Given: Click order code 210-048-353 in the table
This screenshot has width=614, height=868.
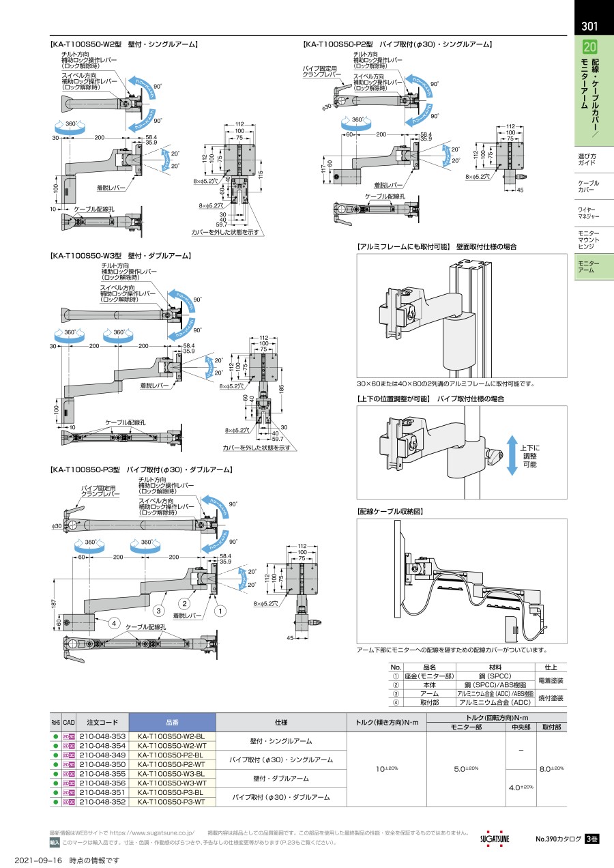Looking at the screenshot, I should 102,736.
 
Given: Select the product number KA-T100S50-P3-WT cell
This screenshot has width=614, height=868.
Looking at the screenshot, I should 171,802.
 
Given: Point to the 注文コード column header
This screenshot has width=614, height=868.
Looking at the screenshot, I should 102,723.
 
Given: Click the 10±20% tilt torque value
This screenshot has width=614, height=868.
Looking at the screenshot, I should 387,769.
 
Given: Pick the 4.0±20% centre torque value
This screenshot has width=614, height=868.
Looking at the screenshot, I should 522,787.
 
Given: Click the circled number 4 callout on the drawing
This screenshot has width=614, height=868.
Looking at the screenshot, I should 115,622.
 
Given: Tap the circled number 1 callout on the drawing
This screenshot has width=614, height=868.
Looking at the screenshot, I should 220,611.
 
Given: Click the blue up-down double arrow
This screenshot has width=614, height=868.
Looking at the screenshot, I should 511,454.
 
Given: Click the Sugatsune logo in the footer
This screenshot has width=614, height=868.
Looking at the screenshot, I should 495,838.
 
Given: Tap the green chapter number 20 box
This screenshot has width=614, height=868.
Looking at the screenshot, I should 589,48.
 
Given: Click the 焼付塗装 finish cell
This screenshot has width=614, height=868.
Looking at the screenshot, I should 551,698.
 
